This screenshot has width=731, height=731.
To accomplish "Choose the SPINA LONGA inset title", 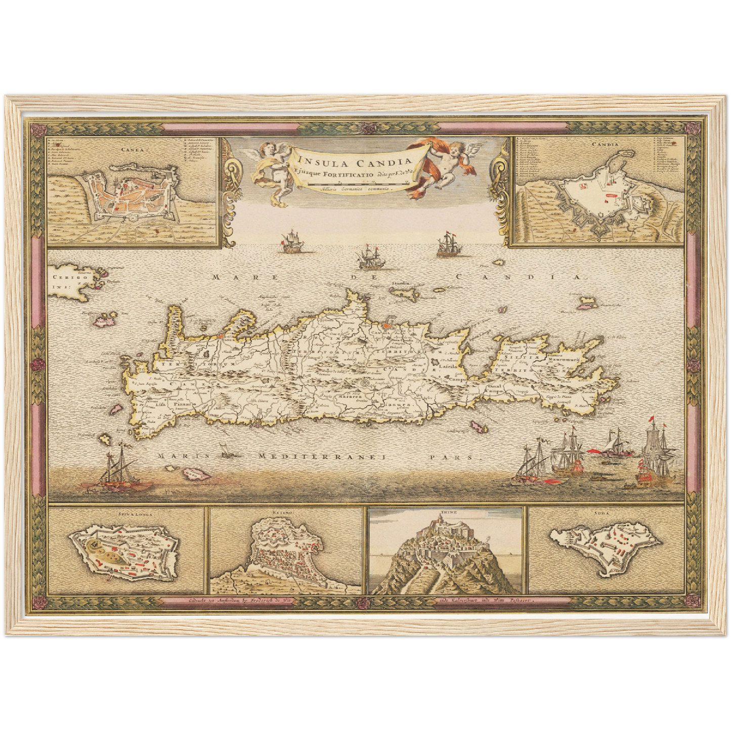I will (125, 512).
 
